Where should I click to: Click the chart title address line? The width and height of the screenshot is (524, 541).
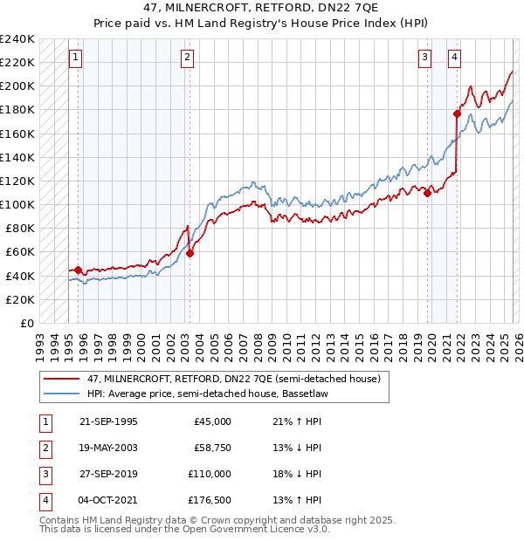pos(262,8)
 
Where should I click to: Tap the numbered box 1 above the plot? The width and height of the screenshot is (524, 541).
pos(75,58)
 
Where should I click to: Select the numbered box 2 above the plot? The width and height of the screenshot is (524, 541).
pos(188,58)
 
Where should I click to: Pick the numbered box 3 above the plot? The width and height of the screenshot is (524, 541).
pos(424,58)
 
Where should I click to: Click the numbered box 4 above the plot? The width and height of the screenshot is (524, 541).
pos(455,58)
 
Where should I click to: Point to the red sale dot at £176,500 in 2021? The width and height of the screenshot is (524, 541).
pos(457,113)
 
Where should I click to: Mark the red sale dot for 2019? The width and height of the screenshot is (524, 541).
pos(428,193)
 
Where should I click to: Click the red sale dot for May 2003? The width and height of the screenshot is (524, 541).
pos(190,253)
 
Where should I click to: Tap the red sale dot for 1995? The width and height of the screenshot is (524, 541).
pos(79,270)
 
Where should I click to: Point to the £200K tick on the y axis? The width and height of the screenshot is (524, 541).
pos(18,86)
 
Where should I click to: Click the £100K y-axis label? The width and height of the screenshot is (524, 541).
pos(18,204)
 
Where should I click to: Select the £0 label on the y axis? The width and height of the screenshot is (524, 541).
pos(26,323)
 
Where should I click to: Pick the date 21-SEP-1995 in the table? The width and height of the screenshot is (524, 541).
pos(108,421)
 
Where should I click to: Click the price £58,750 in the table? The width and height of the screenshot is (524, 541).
pos(212,448)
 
